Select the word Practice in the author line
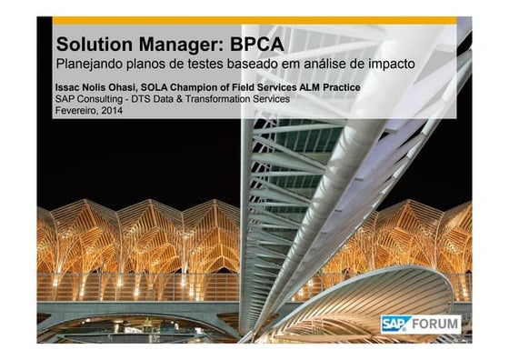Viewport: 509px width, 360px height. pos(337,87)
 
